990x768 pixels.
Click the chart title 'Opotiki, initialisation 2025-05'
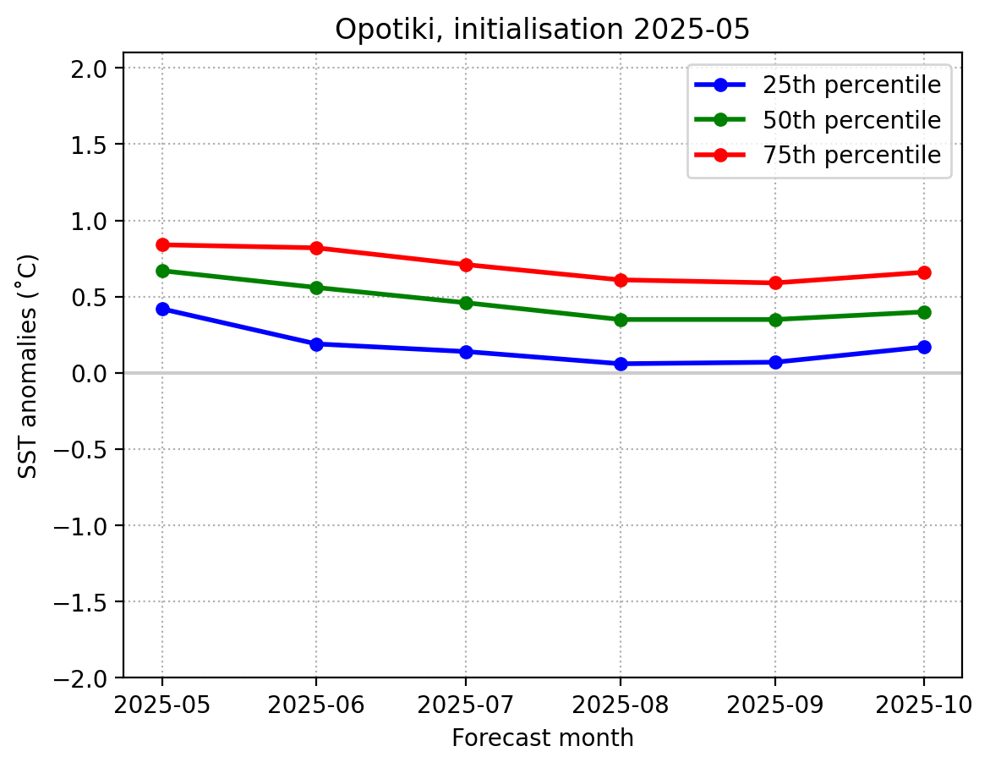(x=542, y=30)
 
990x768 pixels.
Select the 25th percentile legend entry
(x=851, y=85)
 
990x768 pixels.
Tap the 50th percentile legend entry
(x=851, y=120)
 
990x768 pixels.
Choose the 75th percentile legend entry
(x=851, y=156)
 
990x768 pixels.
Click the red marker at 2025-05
(x=162, y=244)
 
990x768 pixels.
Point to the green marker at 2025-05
(x=162, y=271)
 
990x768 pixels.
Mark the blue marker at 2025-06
(x=315, y=344)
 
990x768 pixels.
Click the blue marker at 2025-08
(x=621, y=364)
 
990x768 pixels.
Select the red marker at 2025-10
(x=924, y=272)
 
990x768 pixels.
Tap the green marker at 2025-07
(x=466, y=303)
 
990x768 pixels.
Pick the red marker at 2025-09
(x=775, y=283)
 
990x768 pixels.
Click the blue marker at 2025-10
(x=924, y=347)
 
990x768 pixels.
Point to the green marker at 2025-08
(x=621, y=320)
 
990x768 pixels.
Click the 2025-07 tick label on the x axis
(x=466, y=704)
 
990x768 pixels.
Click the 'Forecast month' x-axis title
(x=542, y=738)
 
